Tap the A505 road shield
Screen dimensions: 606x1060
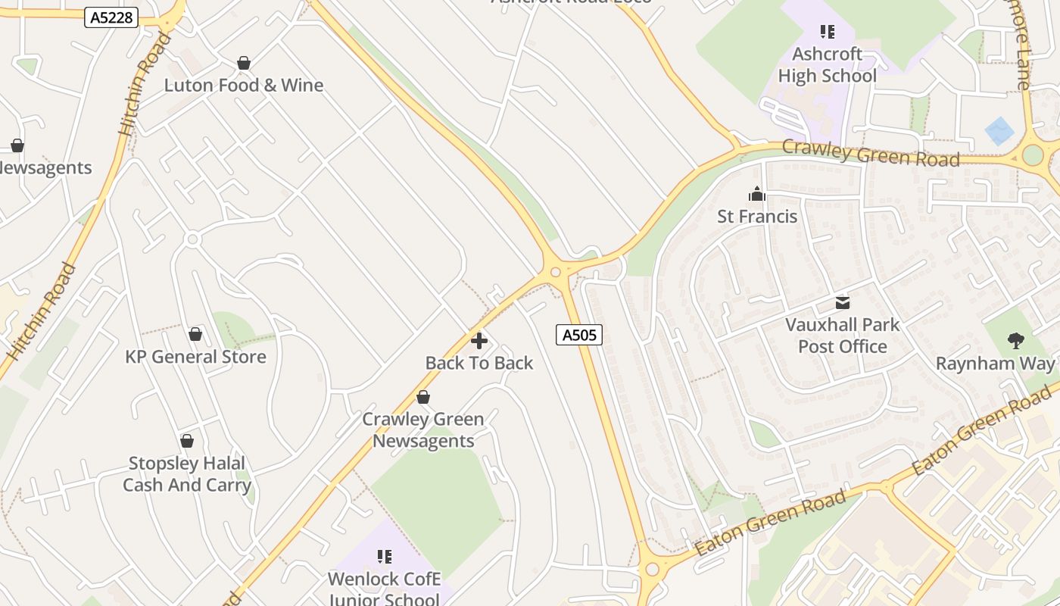(579, 334)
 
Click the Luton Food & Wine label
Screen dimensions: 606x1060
(244, 85)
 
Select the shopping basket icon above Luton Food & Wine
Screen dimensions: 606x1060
(244, 63)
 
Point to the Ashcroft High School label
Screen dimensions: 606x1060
(827, 65)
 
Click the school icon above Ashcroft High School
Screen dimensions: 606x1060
(827, 32)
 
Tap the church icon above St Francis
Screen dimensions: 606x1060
(756, 194)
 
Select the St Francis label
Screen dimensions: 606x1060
(757, 217)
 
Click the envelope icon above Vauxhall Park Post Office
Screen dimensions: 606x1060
(843, 303)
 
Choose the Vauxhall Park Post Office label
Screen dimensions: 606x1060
(842, 336)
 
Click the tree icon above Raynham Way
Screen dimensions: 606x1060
(1016, 341)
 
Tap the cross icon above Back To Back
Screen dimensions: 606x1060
(479, 341)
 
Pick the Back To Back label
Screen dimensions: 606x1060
(479, 363)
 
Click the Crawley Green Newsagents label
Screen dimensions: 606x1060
(423, 430)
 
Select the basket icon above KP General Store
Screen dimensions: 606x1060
(195, 334)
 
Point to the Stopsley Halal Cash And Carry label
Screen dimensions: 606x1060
(186, 474)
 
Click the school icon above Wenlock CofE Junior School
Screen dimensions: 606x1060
(384, 558)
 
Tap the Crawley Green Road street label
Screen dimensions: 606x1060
(871, 154)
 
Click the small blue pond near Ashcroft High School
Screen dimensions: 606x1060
(999, 131)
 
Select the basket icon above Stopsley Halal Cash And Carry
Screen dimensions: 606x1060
(187, 441)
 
